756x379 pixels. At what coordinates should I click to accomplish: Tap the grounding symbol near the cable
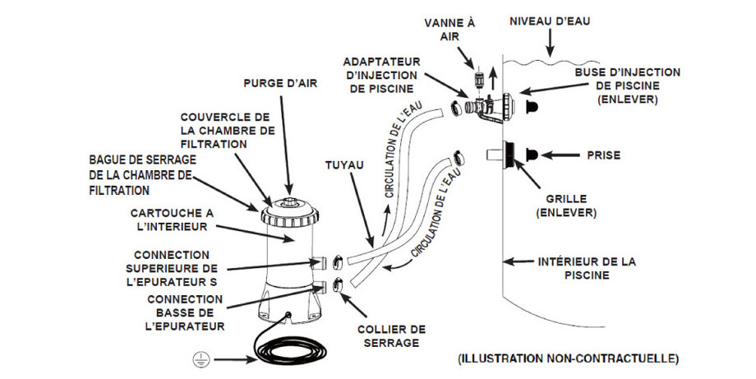pos(197,358)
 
